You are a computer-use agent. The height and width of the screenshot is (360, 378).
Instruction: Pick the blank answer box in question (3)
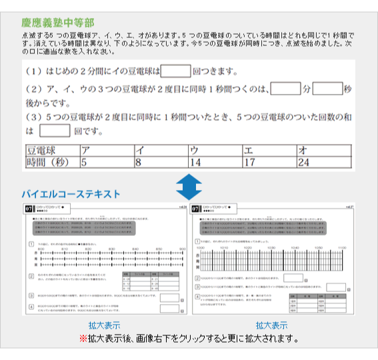pos(54,131)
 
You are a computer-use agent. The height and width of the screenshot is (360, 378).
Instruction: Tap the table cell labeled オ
pos(324,150)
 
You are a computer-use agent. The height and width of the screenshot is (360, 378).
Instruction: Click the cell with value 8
pos(160,161)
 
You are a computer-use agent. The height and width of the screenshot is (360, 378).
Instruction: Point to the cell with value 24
pos(324,161)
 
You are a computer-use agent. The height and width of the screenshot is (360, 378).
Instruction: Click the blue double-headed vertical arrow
pos(189,186)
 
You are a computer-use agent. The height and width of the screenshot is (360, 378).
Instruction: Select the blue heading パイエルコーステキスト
pos(71,194)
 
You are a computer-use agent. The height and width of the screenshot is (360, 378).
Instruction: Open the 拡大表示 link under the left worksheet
pos(104,325)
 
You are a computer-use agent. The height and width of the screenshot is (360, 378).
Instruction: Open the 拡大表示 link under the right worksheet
pos(272,325)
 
